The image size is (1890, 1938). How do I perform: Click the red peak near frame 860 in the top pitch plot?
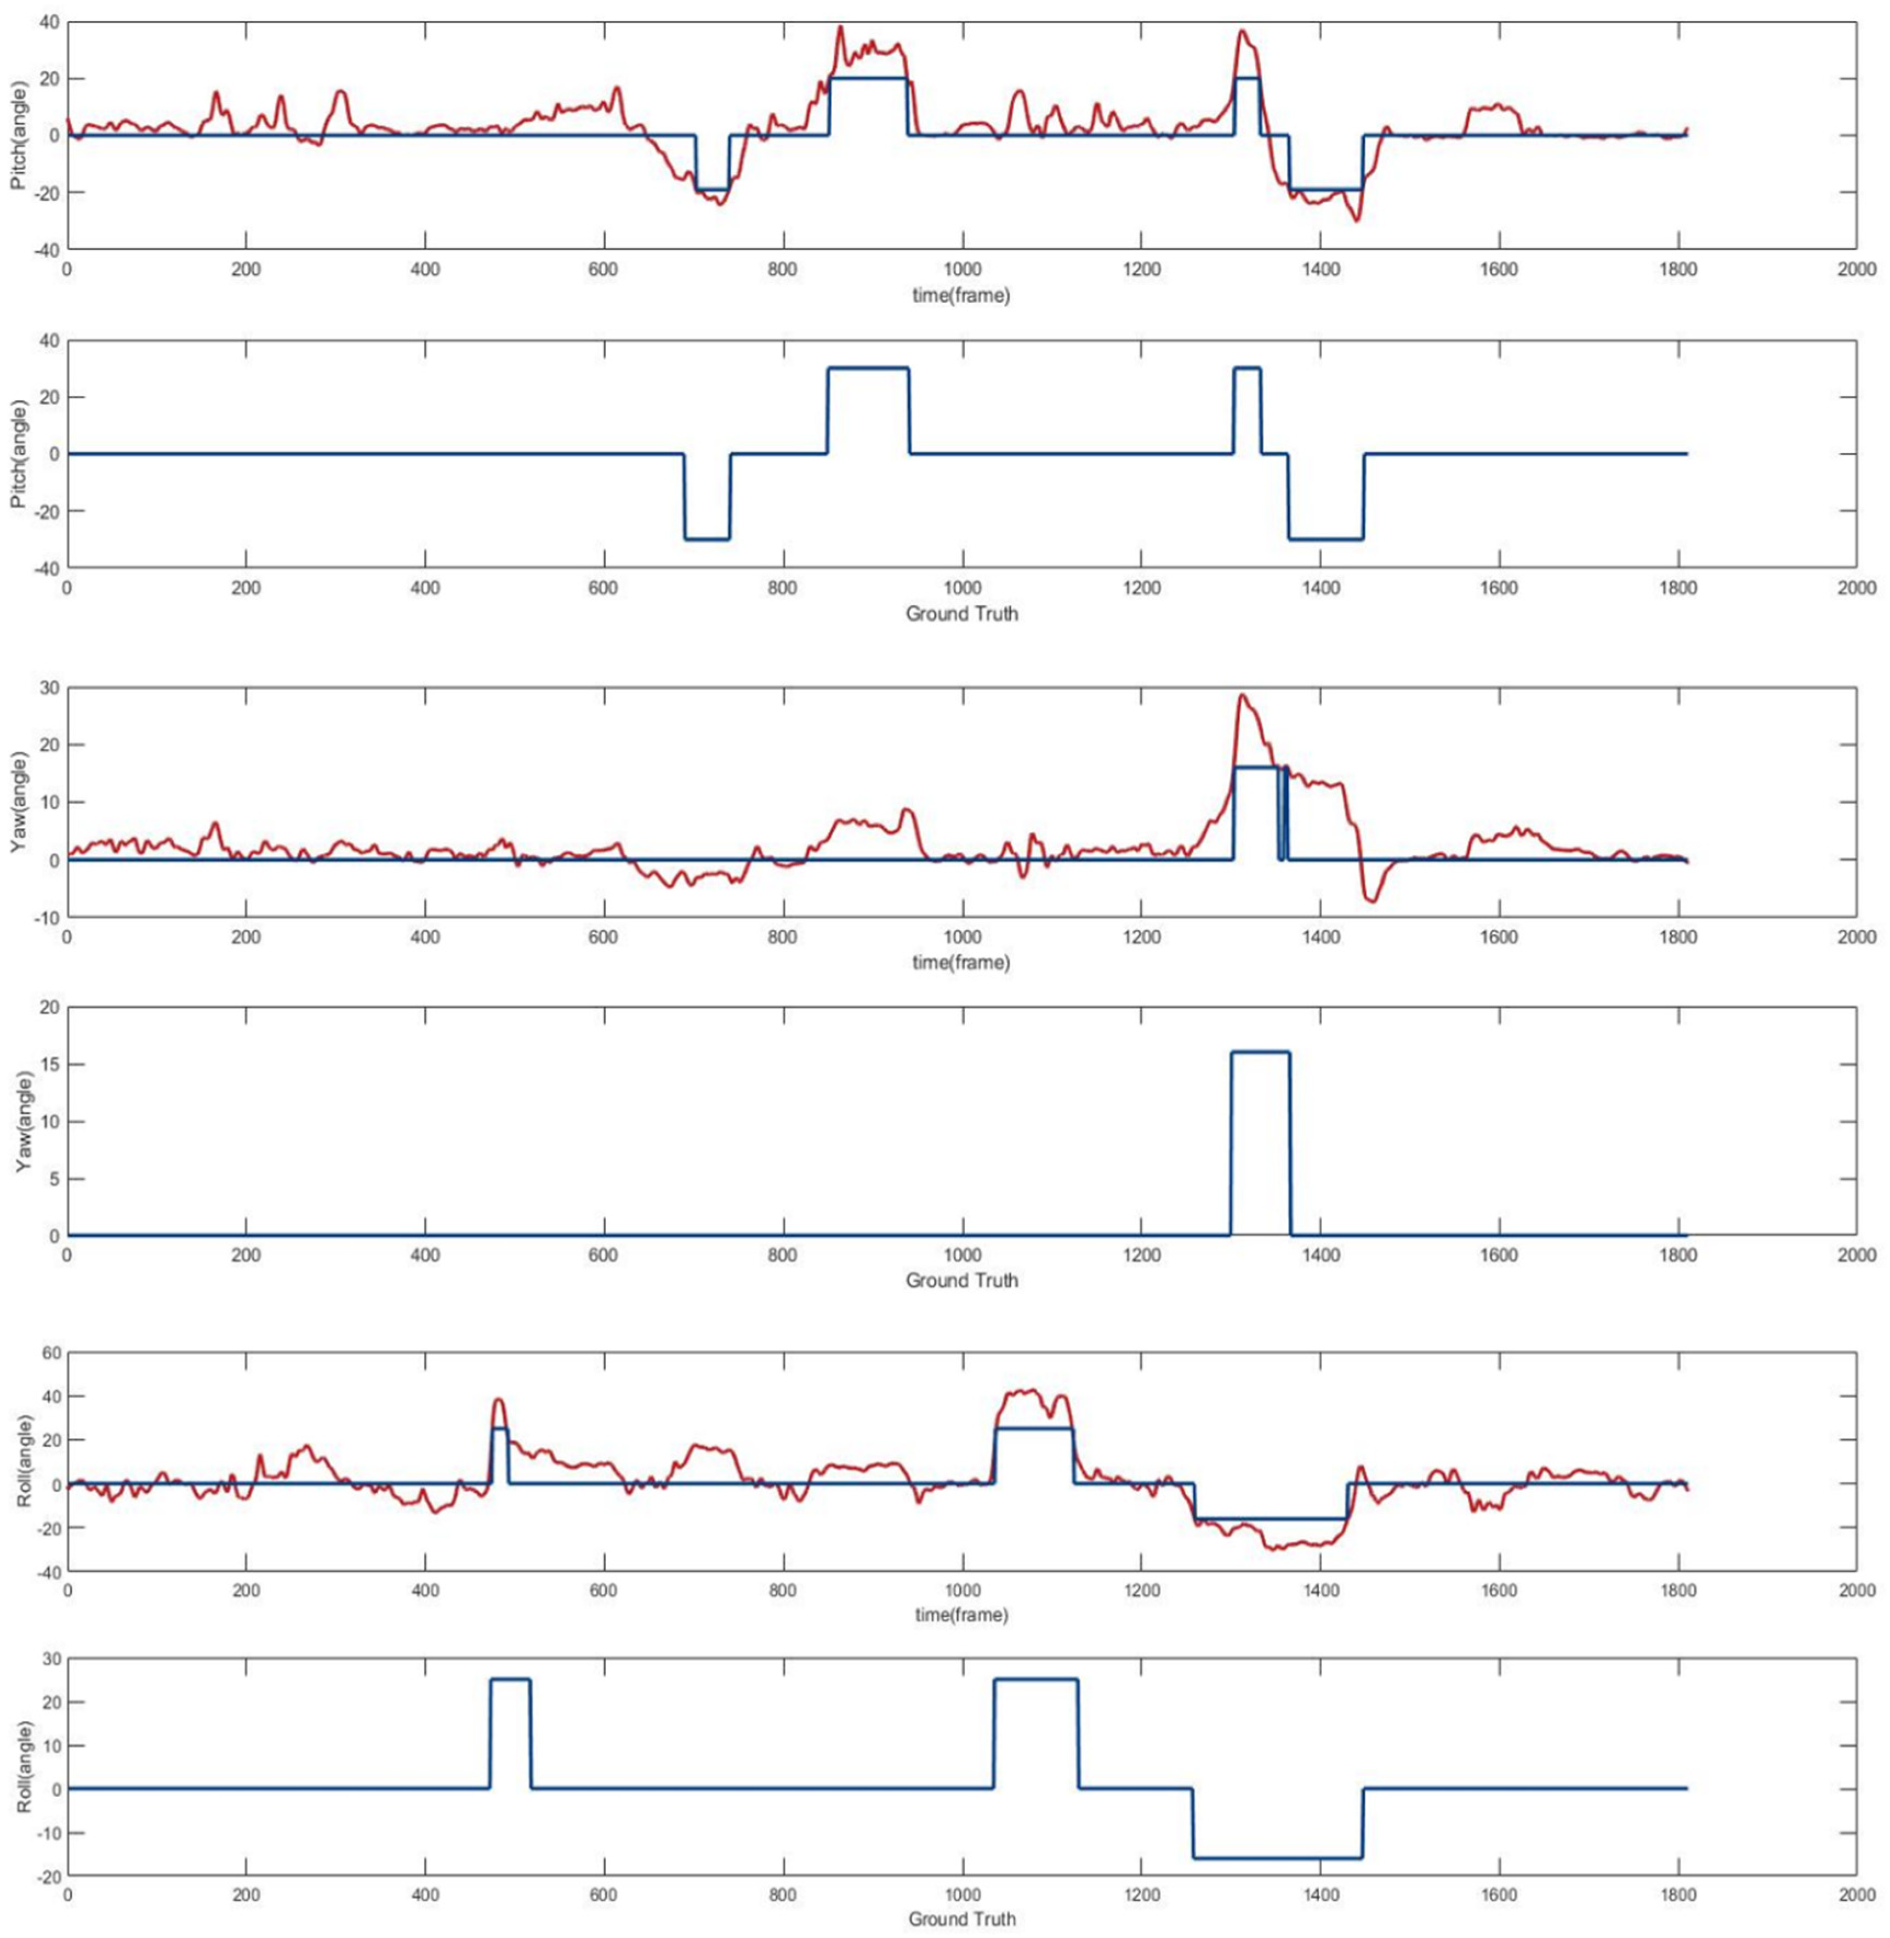tap(841, 28)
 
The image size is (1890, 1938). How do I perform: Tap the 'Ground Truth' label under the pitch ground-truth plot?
tap(961, 613)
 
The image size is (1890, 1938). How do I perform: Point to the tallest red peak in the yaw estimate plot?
tap(1242, 695)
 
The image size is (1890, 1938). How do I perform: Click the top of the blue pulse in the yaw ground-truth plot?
tap(1261, 1053)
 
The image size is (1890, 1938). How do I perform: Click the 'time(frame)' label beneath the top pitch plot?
tap(961, 295)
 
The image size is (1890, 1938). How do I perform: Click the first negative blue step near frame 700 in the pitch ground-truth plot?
tap(707, 539)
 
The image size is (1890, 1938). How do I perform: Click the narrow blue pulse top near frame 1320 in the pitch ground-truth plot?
tap(1247, 368)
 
